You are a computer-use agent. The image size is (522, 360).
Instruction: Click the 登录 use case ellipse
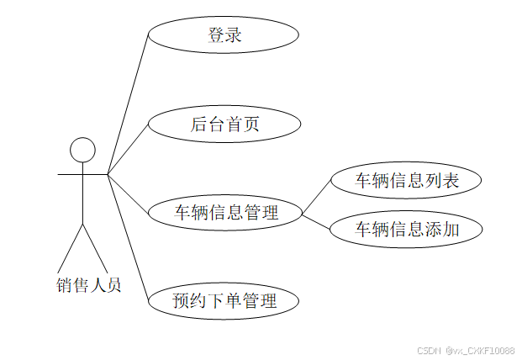point(224,35)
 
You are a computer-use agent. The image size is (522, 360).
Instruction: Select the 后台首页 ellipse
point(224,124)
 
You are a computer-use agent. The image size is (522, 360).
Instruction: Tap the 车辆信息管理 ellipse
point(225,213)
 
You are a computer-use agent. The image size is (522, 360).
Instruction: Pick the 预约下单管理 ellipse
point(224,300)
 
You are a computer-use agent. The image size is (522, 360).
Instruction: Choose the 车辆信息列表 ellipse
point(406,180)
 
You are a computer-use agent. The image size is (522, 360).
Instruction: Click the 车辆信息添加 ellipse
point(406,229)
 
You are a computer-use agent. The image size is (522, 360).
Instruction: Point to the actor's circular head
point(82,150)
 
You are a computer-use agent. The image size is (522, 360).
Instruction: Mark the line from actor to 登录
point(128,105)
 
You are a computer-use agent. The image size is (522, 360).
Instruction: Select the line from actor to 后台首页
point(128,150)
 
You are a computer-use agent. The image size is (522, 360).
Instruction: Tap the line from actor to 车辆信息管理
point(128,193)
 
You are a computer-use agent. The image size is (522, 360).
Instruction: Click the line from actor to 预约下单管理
point(128,236)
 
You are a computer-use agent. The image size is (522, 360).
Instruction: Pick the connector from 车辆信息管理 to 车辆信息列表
point(316,196)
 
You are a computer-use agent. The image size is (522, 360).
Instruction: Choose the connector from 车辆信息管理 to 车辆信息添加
point(316,221)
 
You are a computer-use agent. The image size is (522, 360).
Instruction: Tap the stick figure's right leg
point(95,247)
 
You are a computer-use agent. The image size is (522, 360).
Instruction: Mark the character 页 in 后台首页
point(250,124)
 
